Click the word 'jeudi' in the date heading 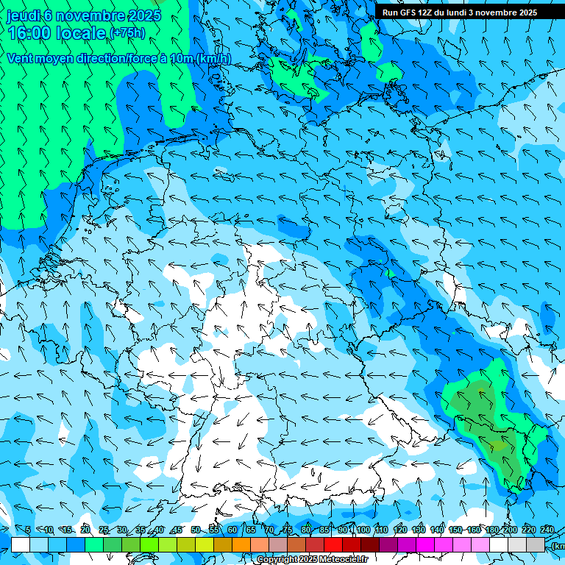click(x=24, y=15)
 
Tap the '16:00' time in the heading click(x=29, y=33)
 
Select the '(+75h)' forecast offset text click(x=127, y=33)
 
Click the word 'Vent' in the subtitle click(x=21, y=58)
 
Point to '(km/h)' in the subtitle click(x=213, y=58)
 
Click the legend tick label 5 click(x=27, y=530)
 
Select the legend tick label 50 click(x=195, y=530)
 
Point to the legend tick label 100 click(x=363, y=530)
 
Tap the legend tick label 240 click(x=547, y=530)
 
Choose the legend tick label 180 click(x=492, y=530)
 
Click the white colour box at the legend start click(x=21, y=544)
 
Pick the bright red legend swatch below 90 click(x=333, y=544)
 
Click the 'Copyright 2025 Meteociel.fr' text click(x=313, y=560)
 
